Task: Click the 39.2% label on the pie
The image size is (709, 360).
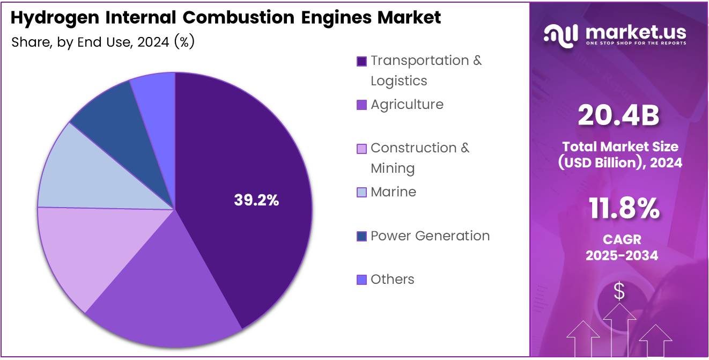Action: pyautogui.click(x=256, y=200)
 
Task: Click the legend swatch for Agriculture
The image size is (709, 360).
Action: pyautogui.click(x=362, y=105)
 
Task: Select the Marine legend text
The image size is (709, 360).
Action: pyautogui.click(x=393, y=192)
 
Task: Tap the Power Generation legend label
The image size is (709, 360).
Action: pyautogui.click(x=430, y=236)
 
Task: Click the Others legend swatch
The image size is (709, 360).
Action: pyautogui.click(x=362, y=280)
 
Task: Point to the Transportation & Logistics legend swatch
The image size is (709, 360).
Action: pyautogui.click(x=362, y=61)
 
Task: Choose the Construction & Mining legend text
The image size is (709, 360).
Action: pyautogui.click(x=419, y=158)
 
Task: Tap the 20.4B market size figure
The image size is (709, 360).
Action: pyautogui.click(x=618, y=116)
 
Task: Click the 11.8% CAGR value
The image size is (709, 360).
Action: pyautogui.click(x=624, y=209)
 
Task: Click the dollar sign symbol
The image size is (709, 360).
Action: pyautogui.click(x=619, y=292)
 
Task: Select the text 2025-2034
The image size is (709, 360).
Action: pyautogui.click(x=622, y=255)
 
